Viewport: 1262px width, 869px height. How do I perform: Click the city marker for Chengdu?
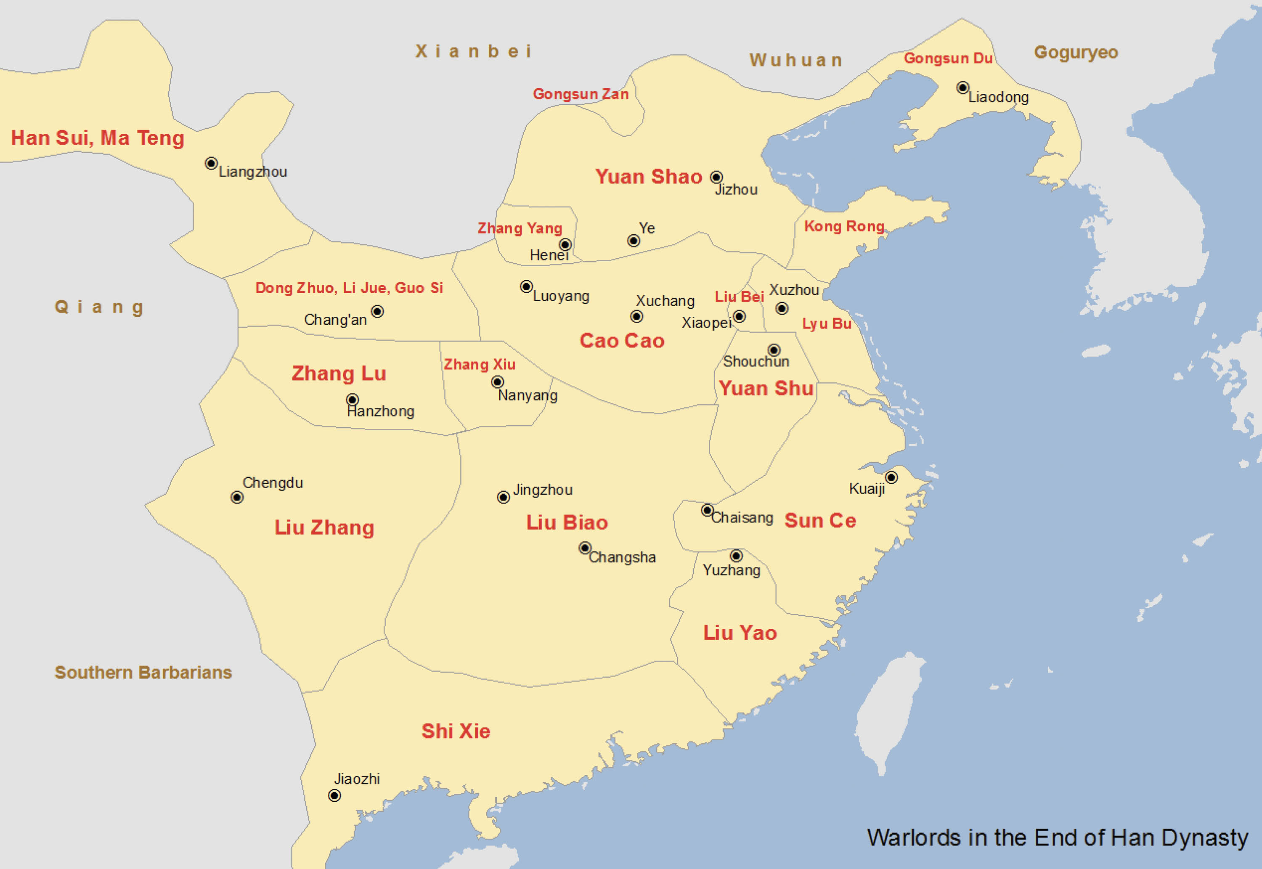coord(237,497)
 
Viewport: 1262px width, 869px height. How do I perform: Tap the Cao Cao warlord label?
coord(622,341)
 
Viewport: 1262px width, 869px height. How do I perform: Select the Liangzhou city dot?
coord(211,163)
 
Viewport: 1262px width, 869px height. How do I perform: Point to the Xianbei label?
coord(473,51)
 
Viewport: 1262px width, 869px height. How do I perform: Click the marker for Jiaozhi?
coord(334,795)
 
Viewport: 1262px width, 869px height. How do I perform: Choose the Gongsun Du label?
coord(948,58)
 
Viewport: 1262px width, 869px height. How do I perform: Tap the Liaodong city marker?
coord(962,87)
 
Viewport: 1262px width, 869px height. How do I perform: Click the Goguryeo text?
coord(1076,52)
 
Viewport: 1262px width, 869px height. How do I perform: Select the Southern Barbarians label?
coord(143,673)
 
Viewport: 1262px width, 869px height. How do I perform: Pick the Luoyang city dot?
coord(526,286)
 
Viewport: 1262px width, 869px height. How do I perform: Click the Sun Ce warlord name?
coord(820,521)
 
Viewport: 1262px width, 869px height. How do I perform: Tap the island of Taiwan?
coord(888,713)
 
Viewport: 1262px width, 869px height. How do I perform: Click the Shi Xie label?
coord(456,731)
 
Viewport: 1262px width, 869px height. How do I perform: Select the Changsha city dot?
coord(585,548)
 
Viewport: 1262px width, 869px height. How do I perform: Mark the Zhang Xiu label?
coord(479,364)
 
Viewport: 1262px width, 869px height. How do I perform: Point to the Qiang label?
coord(99,307)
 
